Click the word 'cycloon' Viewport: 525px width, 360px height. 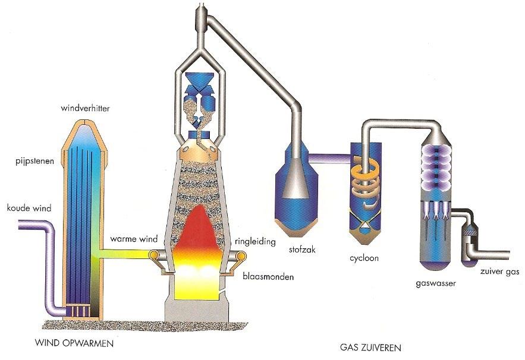tap(364, 258)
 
